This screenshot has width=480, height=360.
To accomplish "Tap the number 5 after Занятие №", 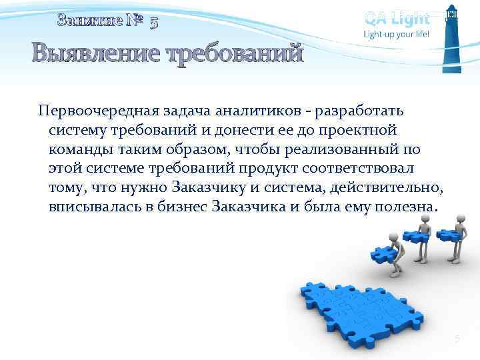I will click(x=154, y=23).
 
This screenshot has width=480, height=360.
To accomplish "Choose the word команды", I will click(x=79, y=148).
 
